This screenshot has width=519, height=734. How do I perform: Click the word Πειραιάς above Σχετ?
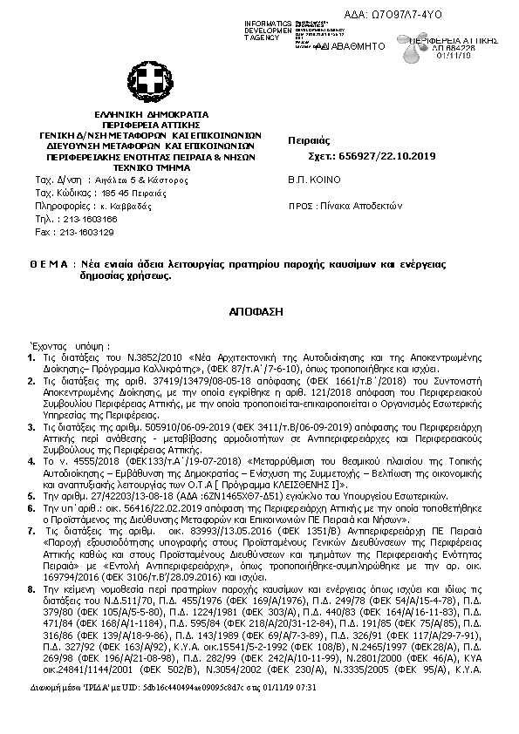pos(306,139)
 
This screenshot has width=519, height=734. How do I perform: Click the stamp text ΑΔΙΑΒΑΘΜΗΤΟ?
pos(345,44)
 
